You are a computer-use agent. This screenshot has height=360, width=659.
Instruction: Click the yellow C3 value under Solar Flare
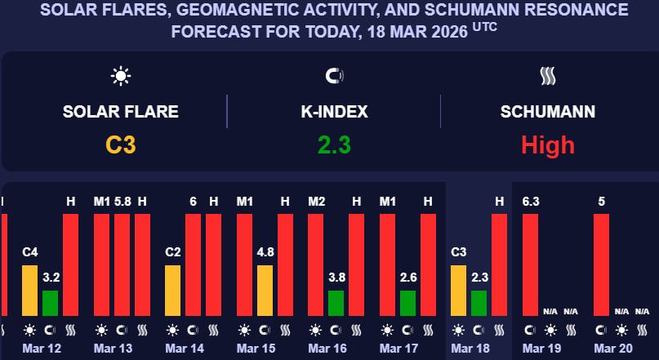click(x=120, y=145)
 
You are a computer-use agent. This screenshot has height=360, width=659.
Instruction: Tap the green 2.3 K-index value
click(x=334, y=145)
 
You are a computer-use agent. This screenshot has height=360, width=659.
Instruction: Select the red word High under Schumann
click(x=548, y=145)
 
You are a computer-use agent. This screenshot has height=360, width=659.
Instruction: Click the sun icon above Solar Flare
click(x=121, y=77)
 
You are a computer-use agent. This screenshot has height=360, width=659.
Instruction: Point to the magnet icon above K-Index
click(x=334, y=77)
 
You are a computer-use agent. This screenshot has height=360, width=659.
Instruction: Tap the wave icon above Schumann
click(x=548, y=77)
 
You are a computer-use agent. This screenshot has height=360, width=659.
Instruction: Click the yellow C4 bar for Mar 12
click(x=30, y=290)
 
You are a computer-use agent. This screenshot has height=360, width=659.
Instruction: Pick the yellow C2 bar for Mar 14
click(x=173, y=290)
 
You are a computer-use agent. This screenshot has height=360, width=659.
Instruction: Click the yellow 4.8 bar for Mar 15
click(x=265, y=290)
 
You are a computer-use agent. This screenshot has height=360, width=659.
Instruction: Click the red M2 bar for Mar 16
click(x=316, y=264)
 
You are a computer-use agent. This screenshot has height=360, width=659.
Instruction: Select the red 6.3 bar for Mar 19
click(x=530, y=264)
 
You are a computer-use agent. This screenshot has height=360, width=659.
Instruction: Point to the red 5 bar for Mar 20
click(x=601, y=264)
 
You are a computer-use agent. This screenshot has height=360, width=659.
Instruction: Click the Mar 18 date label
click(x=470, y=349)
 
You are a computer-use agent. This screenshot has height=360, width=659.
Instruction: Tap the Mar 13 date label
click(x=113, y=349)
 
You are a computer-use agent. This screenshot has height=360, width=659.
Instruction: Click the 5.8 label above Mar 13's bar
click(x=122, y=201)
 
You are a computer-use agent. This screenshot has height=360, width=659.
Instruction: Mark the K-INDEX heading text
click(x=334, y=112)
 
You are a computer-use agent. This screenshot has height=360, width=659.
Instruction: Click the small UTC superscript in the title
click(x=483, y=27)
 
